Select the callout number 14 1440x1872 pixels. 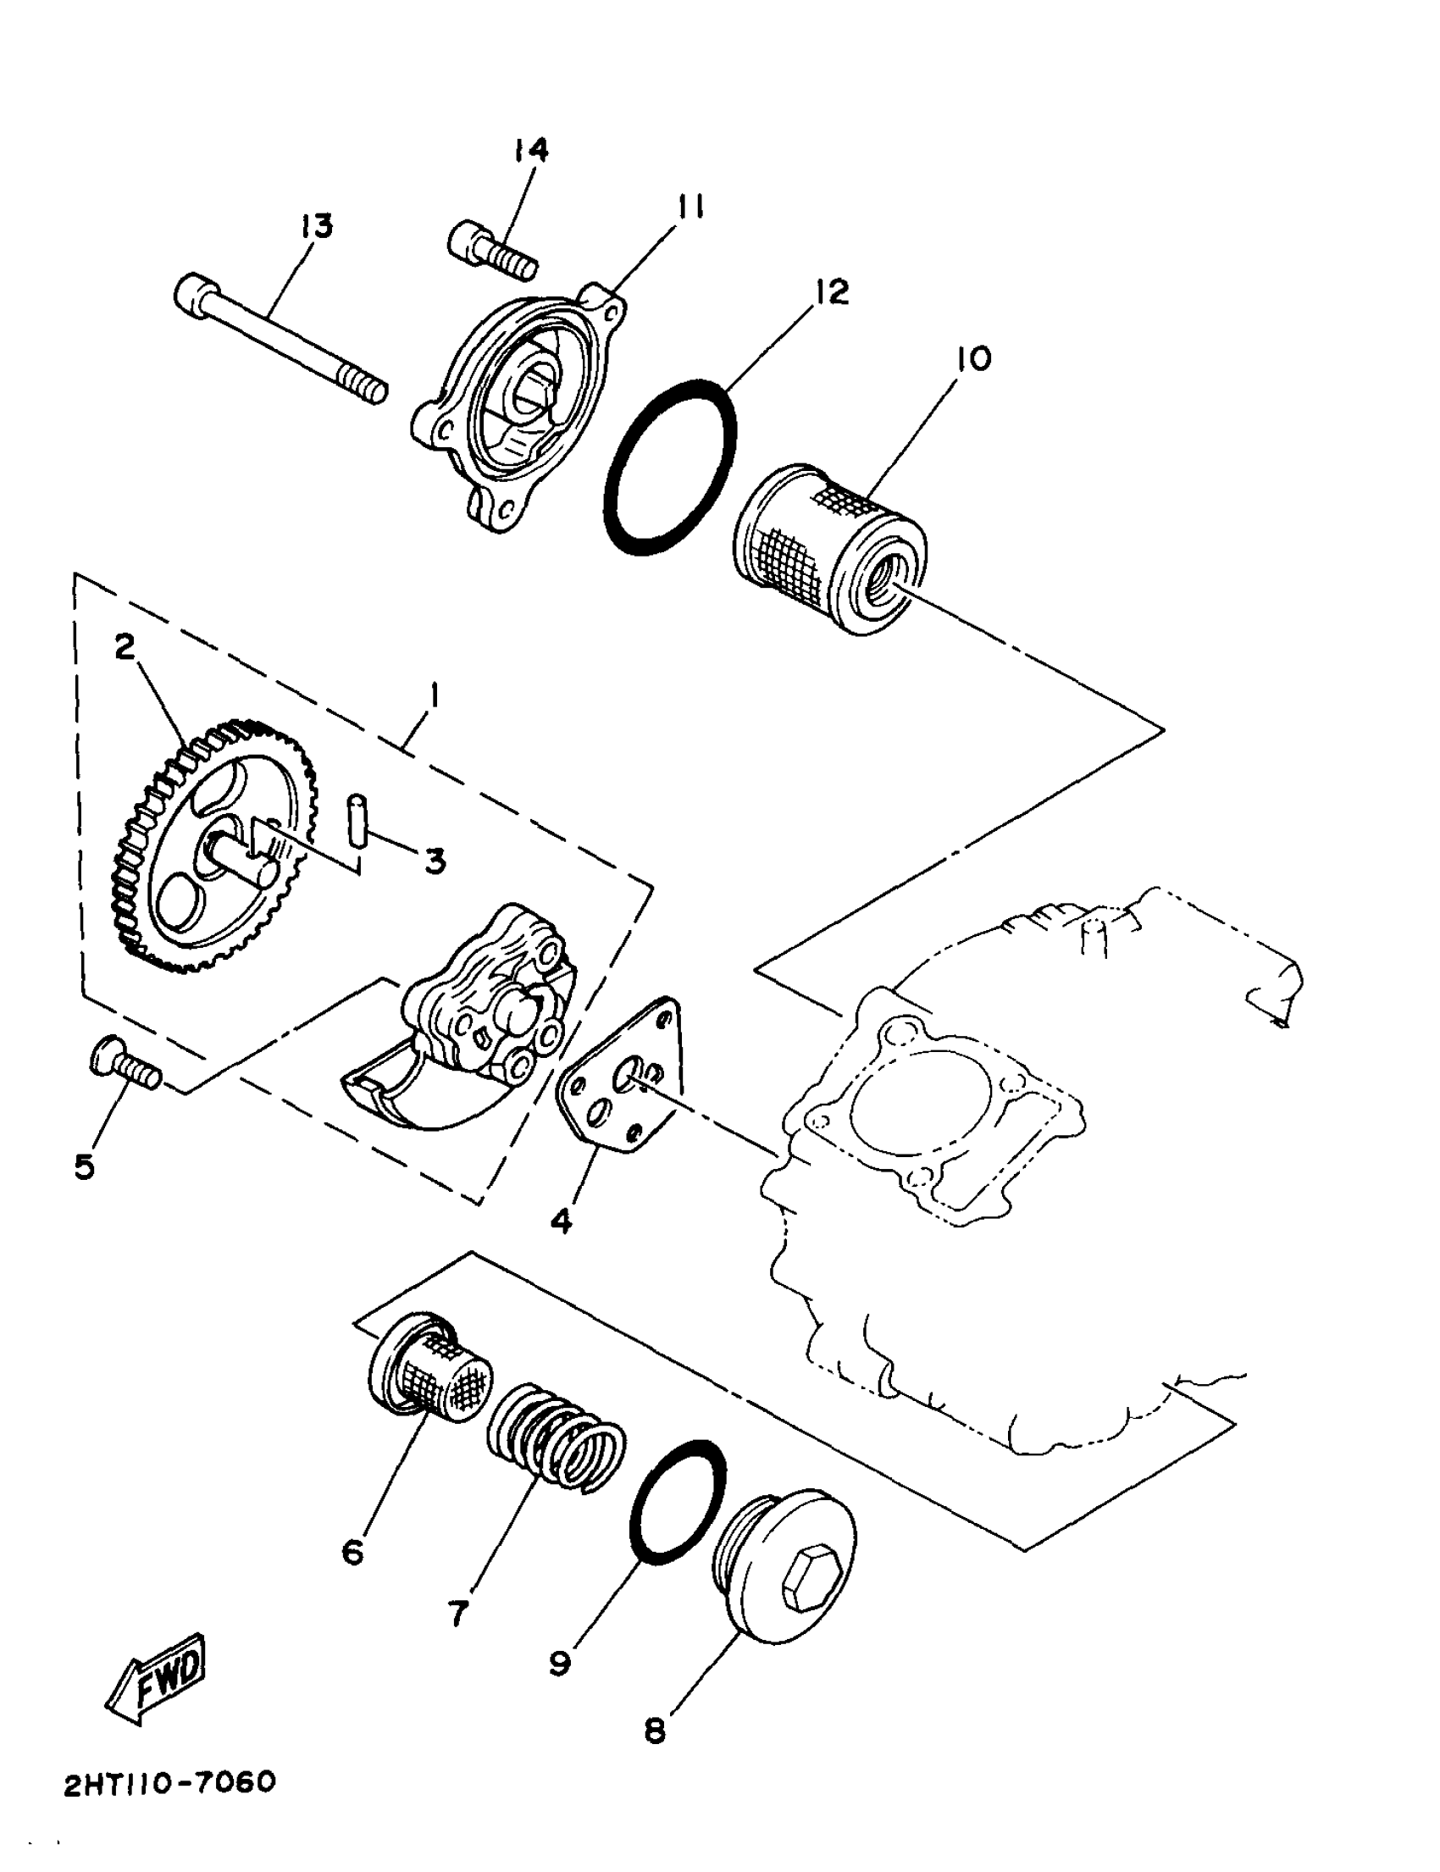pyautogui.click(x=530, y=150)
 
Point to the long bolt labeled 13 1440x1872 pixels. pyautogui.click(x=279, y=341)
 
